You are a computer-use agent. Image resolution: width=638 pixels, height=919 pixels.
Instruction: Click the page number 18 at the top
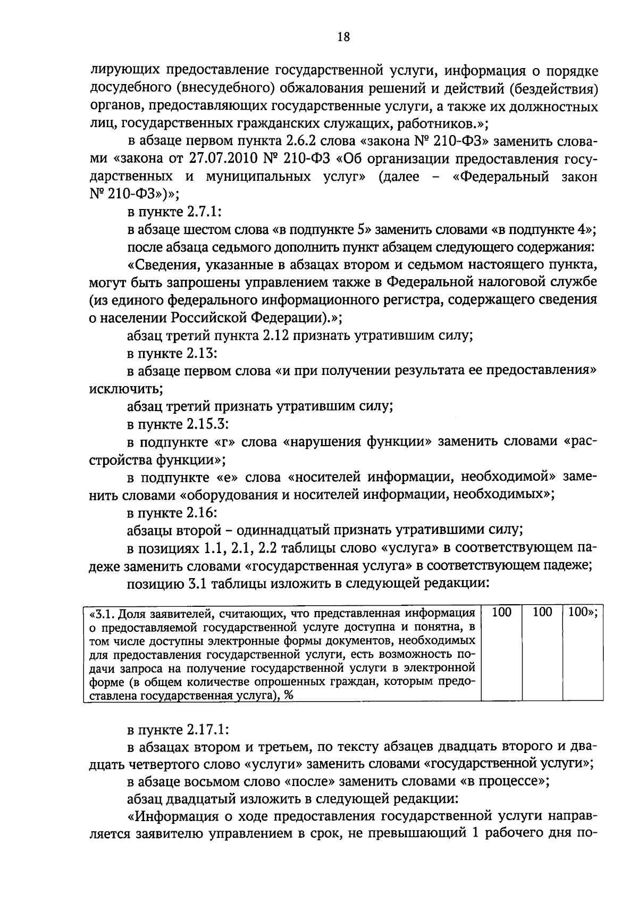point(343,37)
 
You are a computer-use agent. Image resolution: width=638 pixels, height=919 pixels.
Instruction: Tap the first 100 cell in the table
point(501,612)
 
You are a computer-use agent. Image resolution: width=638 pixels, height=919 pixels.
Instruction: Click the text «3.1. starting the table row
point(102,614)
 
